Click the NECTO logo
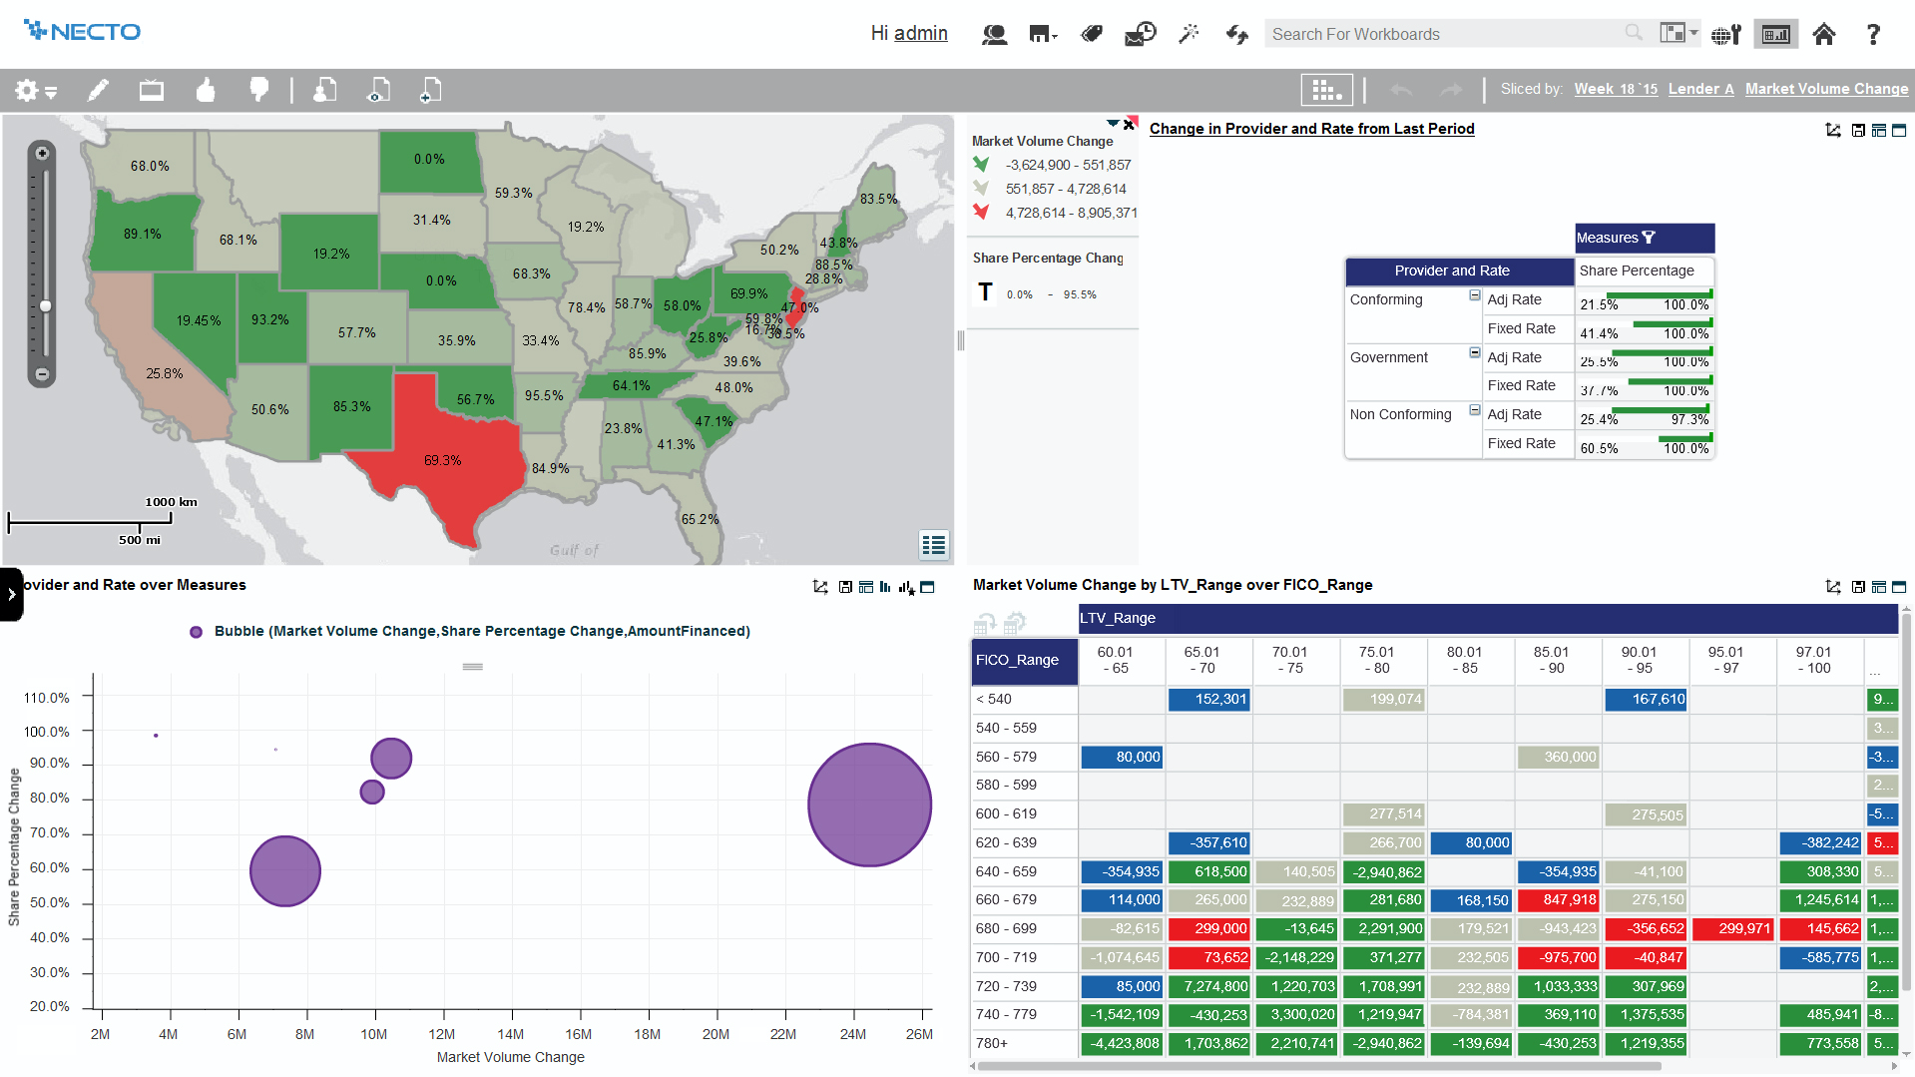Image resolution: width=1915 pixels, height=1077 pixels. [83, 32]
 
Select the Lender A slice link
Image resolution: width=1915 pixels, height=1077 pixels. [1700, 89]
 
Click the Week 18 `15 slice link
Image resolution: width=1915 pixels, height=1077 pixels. [1616, 89]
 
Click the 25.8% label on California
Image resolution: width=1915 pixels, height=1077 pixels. [165, 373]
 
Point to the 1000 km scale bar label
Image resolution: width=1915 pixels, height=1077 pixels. [171, 502]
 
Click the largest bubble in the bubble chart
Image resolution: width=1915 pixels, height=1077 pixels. [869, 805]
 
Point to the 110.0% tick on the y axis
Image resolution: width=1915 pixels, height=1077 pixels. [47, 698]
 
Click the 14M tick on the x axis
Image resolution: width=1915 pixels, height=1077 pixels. [510, 1034]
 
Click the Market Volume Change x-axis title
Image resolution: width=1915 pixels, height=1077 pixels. [510, 1057]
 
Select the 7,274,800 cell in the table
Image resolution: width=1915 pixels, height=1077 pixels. [1208, 986]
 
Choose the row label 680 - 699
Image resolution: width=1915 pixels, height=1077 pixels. [1006, 928]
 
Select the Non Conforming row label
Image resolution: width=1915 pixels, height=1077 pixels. [1400, 414]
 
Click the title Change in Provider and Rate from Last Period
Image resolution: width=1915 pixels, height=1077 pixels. [1311, 129]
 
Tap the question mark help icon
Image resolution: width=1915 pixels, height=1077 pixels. [1873, 34]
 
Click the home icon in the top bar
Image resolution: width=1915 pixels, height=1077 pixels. [1824, 34]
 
